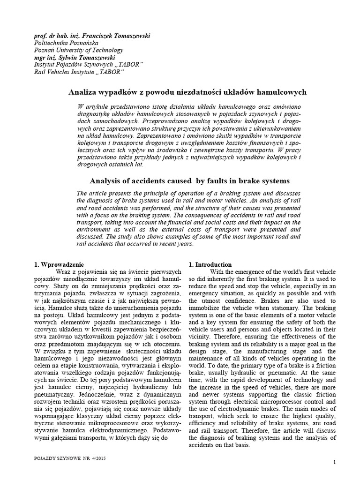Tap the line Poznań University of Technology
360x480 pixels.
pos(79,50)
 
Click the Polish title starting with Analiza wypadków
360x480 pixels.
pos(187,92)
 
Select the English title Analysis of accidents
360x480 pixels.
pos(189,180)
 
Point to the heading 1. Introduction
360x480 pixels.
pos(210,264)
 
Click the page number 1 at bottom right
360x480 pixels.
pos(335,463)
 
